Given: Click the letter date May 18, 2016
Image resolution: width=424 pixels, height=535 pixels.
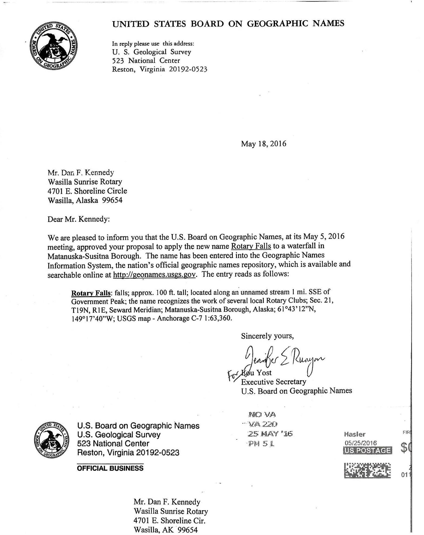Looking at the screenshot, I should (x=263, y=143).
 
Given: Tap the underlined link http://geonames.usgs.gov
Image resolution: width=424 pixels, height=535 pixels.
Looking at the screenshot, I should (x=154, y=275).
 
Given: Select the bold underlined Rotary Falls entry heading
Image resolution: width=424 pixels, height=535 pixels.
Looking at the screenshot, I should (x=91, y=293).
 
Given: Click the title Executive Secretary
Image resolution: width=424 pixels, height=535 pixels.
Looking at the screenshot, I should (x=273, y=382).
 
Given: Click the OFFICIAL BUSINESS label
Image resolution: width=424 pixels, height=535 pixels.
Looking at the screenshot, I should (x=110, y=468).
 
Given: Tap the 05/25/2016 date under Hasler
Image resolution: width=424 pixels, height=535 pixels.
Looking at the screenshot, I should (x=360, y=443).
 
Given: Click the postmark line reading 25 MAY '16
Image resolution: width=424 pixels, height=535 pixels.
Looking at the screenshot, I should (x=270, y=434).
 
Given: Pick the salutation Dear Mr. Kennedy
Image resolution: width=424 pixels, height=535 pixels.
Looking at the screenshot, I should (x=79, y=219).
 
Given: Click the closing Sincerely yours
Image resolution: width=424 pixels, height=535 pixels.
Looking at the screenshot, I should (x=267, y=336).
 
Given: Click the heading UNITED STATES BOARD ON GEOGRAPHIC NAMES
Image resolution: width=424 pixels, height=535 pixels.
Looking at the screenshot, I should (x=228, y=24).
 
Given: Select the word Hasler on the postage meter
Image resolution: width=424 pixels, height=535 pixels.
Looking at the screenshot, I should (x=355, y=434).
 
